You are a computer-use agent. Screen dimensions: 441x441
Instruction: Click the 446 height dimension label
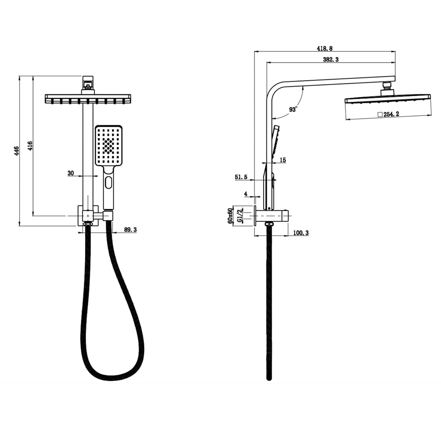tap(17, 151)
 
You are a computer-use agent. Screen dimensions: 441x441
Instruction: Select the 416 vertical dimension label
tap(30, 146)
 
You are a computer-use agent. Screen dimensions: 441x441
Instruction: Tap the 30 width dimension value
tap(71, 173)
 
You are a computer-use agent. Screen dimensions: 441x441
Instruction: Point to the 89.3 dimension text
tap(130, 230)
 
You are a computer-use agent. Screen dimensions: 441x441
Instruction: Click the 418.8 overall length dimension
tap(325, 49)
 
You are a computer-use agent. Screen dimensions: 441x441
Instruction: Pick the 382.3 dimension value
tap(331, 60)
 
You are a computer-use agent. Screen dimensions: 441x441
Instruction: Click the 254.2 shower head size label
tap(392, 114)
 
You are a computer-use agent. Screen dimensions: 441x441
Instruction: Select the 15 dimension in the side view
tap(283, 160)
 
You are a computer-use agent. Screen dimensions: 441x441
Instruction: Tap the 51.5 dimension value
tap(241, 177)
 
